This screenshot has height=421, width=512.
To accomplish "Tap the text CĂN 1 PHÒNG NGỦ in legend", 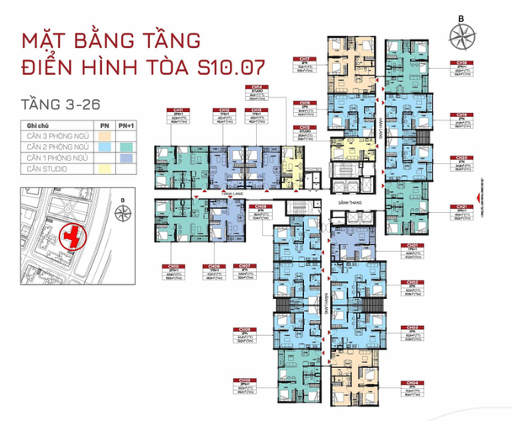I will click(56, 158).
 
